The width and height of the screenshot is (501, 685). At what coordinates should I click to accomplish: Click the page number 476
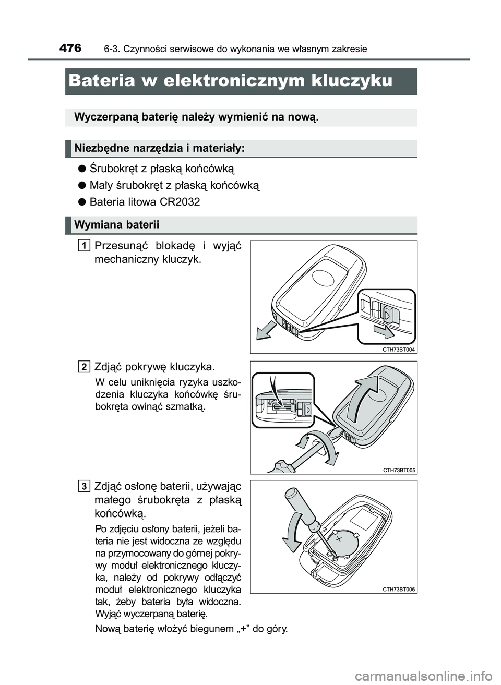(70, 48)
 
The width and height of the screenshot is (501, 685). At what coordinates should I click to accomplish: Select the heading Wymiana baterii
(116, 225)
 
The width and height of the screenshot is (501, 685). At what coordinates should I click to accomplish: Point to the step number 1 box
(84, 245)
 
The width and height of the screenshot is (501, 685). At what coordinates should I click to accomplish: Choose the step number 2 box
(84, 366)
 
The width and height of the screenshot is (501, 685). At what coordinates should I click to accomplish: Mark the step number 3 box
(84, 486)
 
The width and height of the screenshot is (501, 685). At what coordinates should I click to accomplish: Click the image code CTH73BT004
(398, 350)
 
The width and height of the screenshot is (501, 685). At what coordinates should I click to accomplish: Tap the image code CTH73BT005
(399, 470)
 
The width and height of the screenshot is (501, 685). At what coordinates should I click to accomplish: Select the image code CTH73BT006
(398, 589)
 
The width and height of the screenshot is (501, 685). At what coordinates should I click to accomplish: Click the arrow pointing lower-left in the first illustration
(264, 329)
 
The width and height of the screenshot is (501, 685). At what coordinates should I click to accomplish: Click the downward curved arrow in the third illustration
(290, 532)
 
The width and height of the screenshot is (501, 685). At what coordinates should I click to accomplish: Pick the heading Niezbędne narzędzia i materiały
(160, 149)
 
